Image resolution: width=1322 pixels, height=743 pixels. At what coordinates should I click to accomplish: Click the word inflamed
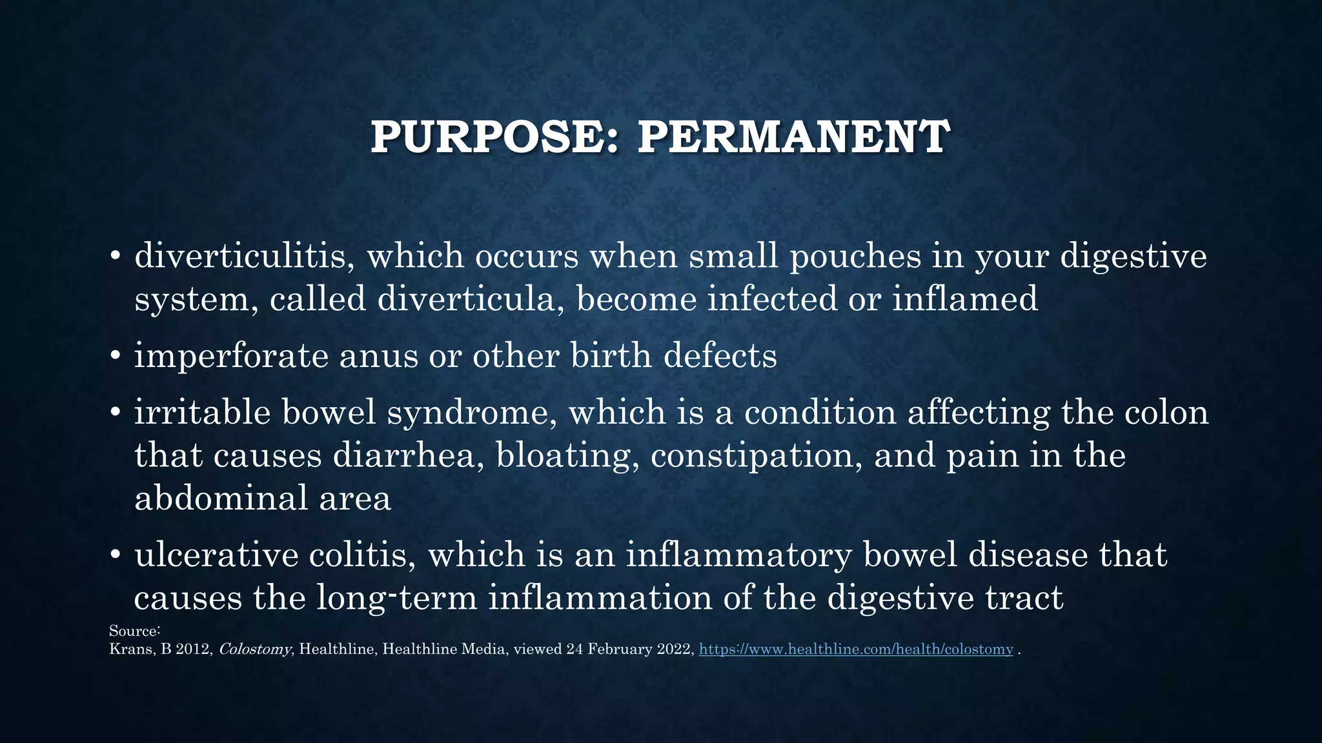click(965, 299)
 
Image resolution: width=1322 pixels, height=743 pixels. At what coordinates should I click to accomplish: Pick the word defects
click(720, 356)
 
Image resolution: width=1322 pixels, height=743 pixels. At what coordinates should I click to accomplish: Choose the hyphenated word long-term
click(396, 599)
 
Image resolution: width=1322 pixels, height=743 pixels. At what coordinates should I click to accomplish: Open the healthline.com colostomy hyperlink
click(856, 649)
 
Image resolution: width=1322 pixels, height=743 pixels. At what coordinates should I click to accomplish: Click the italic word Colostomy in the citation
click(255, 649)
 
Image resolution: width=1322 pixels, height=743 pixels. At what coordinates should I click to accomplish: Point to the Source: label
click(134, 631)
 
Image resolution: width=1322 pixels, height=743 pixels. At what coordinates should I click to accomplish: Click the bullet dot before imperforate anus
click(116, 357)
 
